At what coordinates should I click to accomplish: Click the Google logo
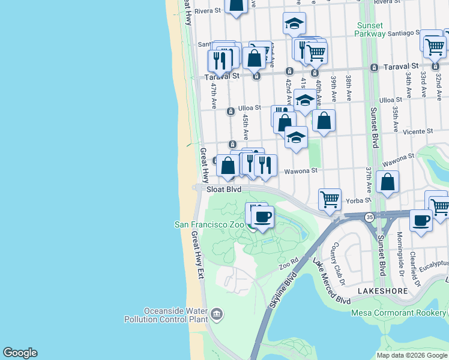click(20, 353)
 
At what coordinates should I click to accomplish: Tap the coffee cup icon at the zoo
click(262, 217)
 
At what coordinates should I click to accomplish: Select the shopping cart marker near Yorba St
click(330, 199)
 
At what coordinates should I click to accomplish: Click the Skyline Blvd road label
click(284, 292)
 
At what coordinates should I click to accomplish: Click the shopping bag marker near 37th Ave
click(388, 181)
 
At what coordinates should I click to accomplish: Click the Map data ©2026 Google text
click(411, 355)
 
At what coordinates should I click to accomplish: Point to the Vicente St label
click(418, 131)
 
